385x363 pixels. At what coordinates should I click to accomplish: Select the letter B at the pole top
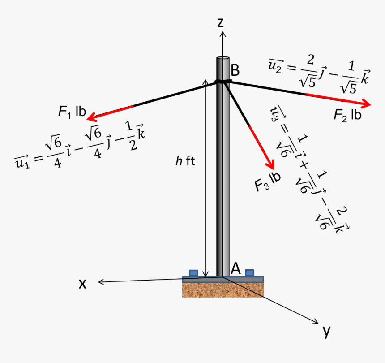pyautogui.click(x=235, y=70)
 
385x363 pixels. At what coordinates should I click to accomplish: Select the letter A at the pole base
pyautogui.click(x=236, y=268)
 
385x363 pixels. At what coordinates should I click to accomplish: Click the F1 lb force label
pyautogui.click(x=72, y=112)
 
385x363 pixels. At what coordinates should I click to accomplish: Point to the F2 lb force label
pyautogui.click(x=347, y=115)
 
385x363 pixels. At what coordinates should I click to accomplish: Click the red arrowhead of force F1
pyautogui.click(x=92, y=117)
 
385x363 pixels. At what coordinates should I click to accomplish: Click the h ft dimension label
pyautogui.click(x=185, y=161)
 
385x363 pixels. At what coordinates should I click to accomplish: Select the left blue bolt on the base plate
pyautogui.click(x=193, y=272)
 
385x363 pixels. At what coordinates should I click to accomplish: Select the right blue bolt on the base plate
pyautogui.click(x=250, y=272)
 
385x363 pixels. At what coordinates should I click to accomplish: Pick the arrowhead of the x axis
pyautogui.click(x=101, y=282)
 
